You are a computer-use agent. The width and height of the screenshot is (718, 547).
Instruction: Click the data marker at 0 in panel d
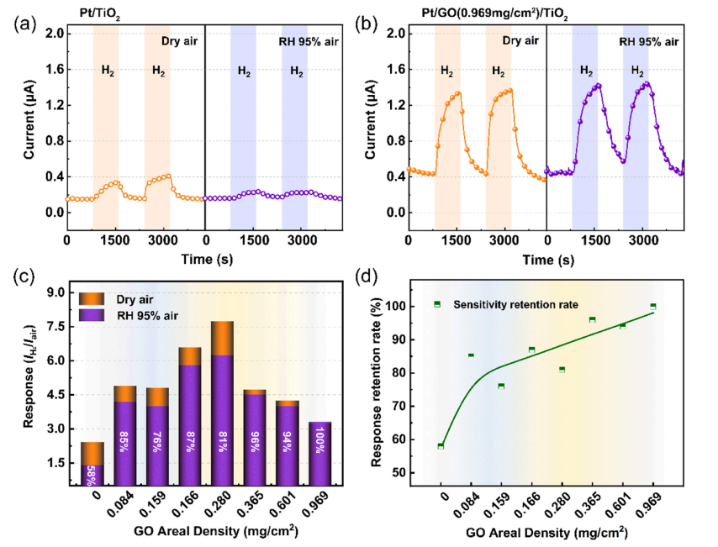coord(441,445)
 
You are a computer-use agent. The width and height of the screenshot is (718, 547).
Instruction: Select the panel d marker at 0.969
coord(652,307)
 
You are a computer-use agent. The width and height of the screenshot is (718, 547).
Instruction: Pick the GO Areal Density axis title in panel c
coord(209,531)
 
